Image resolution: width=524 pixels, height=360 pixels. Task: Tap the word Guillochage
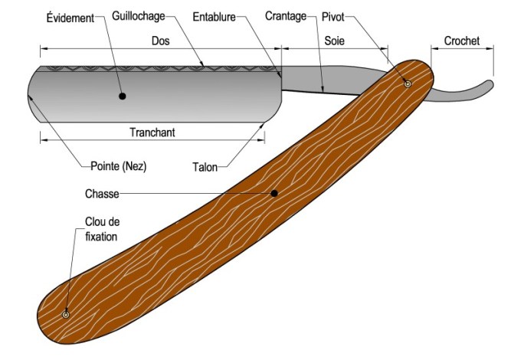tap(139, 15)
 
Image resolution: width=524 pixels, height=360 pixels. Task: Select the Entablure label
tap(214, 15)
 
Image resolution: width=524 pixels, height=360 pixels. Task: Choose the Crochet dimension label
tap(461, 41)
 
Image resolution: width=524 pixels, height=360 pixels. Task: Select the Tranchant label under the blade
tap(152, 132)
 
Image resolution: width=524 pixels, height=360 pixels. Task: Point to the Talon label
tap(205, 166)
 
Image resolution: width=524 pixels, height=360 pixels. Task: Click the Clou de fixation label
tap(102, 230)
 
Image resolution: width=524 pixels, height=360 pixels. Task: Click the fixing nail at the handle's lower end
tap(66, 314)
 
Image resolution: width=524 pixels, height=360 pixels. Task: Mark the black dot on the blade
tap(122, 97)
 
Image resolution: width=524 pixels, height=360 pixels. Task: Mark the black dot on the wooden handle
tap(273, 193)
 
